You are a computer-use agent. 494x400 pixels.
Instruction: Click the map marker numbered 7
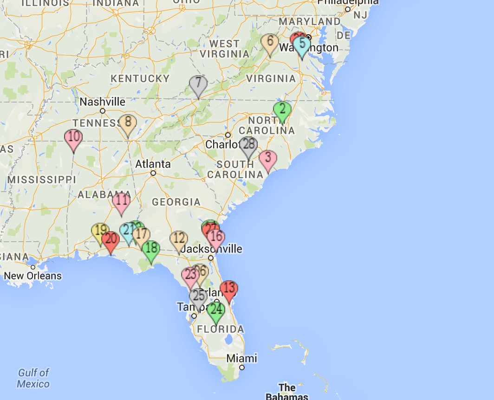(198, 84)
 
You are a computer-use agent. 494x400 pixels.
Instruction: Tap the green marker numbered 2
(282, 110)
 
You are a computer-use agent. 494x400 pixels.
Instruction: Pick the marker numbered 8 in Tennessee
(128, 123)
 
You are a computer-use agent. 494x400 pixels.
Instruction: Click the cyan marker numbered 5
(302, 45)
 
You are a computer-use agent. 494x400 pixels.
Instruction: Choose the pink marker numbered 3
(267, 159)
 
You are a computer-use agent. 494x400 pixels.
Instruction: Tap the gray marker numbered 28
(248, 145)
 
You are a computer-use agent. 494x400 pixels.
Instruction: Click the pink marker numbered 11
(122, 202)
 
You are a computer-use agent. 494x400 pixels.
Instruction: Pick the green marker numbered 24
(216, 310)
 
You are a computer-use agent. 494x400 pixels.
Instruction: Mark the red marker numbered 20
(110, 240)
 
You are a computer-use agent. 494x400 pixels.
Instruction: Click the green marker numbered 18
(151, 249)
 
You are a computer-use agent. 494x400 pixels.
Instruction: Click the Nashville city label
(103, 102)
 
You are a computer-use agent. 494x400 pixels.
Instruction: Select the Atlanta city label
(153, 164)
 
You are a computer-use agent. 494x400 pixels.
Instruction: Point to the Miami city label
(241, 358)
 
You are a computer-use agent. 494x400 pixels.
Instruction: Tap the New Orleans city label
(32, 276)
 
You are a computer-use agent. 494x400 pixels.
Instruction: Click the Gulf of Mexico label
(33, 378)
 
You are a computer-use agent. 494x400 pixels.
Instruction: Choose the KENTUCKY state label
(140, 78)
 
